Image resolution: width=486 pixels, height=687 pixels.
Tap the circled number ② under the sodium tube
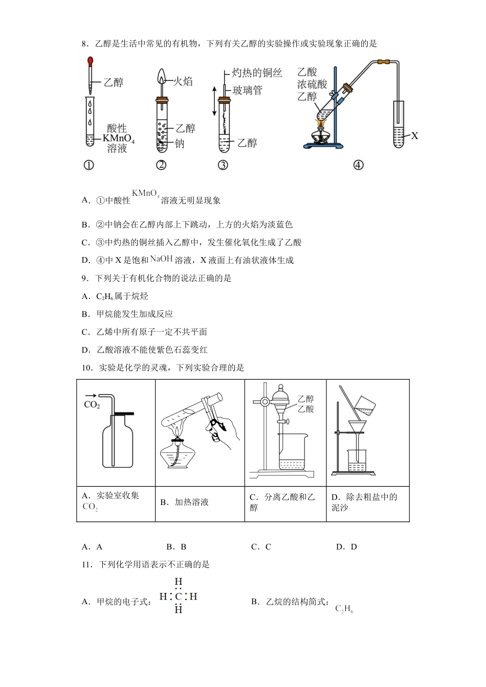162,165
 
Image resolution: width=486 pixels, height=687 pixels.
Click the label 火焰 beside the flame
183,81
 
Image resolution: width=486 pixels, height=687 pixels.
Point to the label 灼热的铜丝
257,73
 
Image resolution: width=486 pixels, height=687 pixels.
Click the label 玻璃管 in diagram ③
247,90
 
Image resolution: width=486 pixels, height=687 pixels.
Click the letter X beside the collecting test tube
414,135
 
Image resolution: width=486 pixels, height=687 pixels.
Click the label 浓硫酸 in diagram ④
312,84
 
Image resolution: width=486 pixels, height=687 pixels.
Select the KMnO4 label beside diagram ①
118,139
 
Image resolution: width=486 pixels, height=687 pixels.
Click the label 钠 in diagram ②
180,144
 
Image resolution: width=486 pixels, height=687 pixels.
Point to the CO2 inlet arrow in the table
91,395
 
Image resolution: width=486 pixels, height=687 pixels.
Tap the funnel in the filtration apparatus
357,426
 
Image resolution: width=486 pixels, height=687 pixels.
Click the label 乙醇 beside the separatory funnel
305,399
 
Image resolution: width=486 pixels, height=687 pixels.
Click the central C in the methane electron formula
178,596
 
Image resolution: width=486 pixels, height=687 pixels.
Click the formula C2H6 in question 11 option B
344,609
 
